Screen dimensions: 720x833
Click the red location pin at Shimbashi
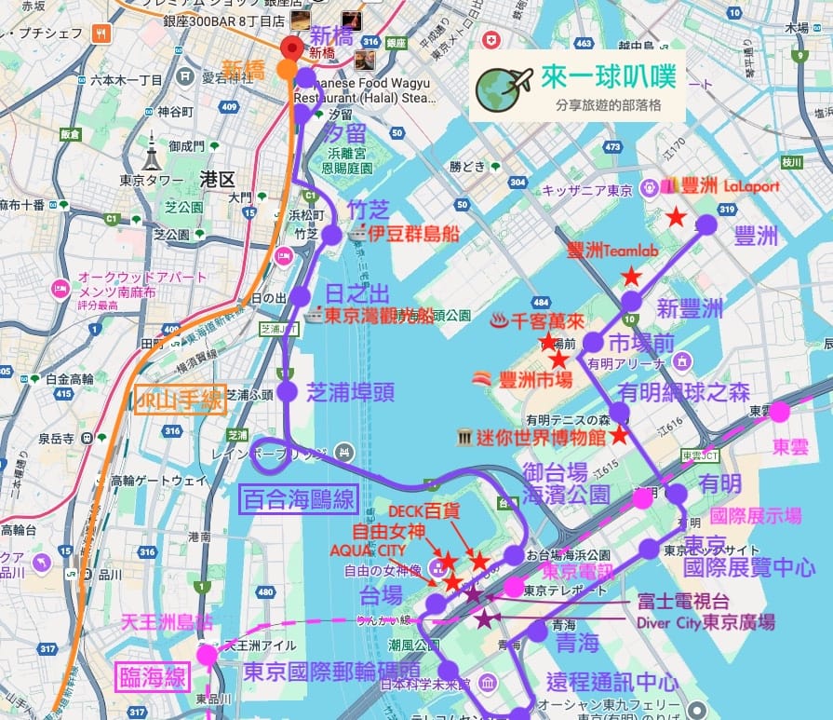point(292,49)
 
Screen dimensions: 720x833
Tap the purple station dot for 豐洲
point(706,224)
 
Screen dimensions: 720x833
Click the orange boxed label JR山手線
point(180,400)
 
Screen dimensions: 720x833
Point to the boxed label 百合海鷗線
point(299,500)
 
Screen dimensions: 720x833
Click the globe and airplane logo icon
point(503,85)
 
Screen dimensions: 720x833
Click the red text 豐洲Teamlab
point(612,251)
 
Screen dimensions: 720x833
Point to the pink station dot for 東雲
point(779,412)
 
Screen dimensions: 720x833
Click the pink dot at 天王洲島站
point(206,655)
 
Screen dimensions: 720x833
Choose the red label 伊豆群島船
point(416,234)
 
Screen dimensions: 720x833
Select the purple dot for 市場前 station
point(593,343)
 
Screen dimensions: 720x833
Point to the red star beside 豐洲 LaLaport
point(677,217)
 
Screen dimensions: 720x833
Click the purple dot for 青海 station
point(537,632)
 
